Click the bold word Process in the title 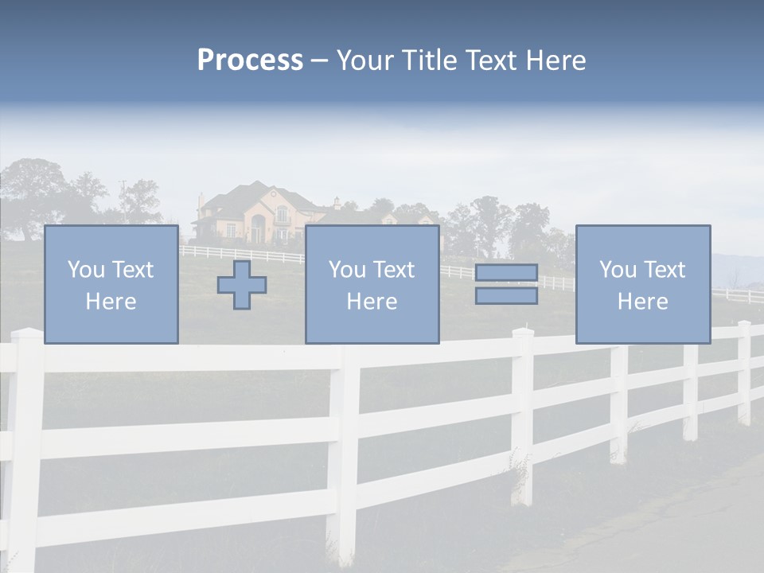[x=250, y=60]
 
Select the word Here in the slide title [x=556, y=60]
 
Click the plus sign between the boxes [x=242, y=285]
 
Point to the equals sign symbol [x=506, y=284]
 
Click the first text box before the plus [x=111, y=284]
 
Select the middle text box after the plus [x=372, y=284]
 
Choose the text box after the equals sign [x=642, y=284]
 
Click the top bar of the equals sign [x=506, y=273]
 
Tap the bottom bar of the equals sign [x=506, y=296]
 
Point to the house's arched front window [x=282, y=215]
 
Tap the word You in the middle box [x=347, y=270]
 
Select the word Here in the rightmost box [x=642, y=302]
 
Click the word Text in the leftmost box [x=134, y=270]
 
